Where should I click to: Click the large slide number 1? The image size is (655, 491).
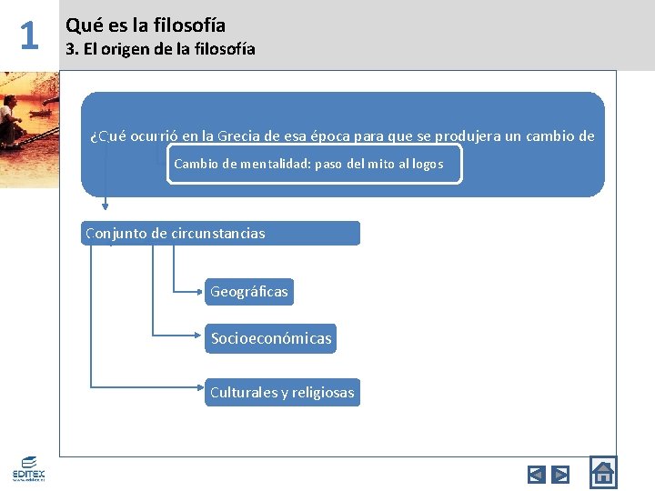tap(29, 35)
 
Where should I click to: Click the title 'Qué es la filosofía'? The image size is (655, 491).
tap(146, 25)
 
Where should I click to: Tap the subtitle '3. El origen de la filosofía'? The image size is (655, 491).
tap(160, 49)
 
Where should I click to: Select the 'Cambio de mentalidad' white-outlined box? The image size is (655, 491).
tap(314, 165)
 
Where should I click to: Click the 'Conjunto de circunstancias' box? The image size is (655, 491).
tap(221, 234)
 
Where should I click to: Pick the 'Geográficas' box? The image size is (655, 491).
tap(248, 292)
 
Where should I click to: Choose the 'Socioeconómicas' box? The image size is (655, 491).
tap(271, 339)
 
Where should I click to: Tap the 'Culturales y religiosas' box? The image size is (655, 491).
tap(282, 393)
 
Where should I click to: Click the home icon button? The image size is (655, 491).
tap(602, 472)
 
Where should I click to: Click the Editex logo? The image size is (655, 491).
tap(29, 468)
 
